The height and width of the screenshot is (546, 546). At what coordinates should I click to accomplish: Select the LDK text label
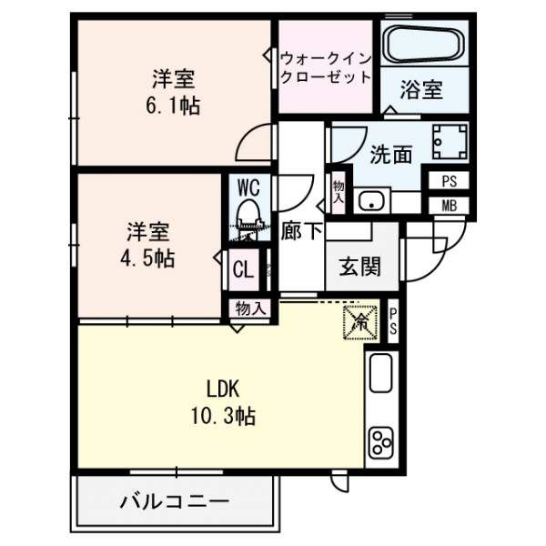221,389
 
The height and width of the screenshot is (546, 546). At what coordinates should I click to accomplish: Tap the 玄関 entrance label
359,268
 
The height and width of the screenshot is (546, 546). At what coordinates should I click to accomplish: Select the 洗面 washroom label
389,155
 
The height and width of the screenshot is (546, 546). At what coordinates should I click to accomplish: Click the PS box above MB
449,181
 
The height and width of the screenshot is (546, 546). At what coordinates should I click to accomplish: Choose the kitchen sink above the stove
380,373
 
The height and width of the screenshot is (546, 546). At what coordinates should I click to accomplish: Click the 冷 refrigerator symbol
358,320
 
